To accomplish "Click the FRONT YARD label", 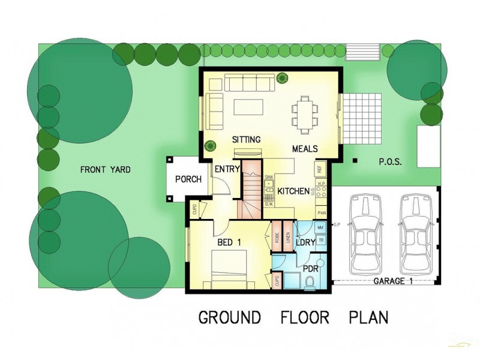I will pos(106,170).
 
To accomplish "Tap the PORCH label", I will pos(188,179).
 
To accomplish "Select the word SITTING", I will pos(247,140).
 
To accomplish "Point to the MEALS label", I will pos(305,149).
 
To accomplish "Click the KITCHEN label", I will pos(293,191).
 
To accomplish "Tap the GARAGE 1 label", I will pos(392,281).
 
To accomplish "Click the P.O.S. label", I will pos(389,162).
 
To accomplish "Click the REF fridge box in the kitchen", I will pos(320,169).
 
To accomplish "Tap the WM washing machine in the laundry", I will pos(320,228).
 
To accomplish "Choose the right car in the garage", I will pos(416,232).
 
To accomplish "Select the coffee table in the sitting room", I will pos(248,107).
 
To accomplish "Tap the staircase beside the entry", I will pos(253,189).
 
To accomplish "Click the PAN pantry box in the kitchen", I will pos(322,213).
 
